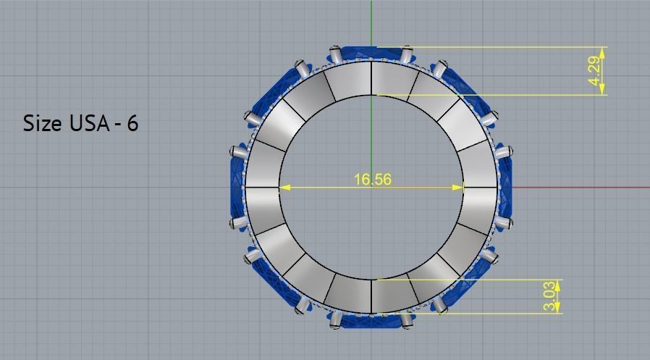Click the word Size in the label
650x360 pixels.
click(x=43, y=123)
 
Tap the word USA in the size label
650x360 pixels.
click(x=90, y=123)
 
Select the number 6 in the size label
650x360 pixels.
click(x=132, y=123)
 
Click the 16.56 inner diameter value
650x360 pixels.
click(x=373, y=179)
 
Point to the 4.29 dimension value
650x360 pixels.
click(x=595, y=71)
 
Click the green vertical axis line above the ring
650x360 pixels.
click(x=371, y=22)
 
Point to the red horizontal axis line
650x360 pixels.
click(x=579, y=187)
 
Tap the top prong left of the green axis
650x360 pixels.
click(x=335, y=54)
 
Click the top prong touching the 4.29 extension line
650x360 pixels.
click(x=406, y=54)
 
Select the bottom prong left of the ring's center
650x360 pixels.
click(x=335, y=321)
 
